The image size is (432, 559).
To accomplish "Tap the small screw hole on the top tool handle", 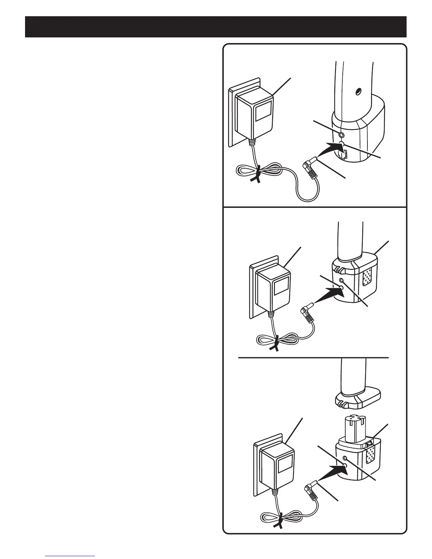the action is click(x=357, y=91).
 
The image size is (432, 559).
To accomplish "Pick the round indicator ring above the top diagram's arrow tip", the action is click(x=341, y=134).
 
